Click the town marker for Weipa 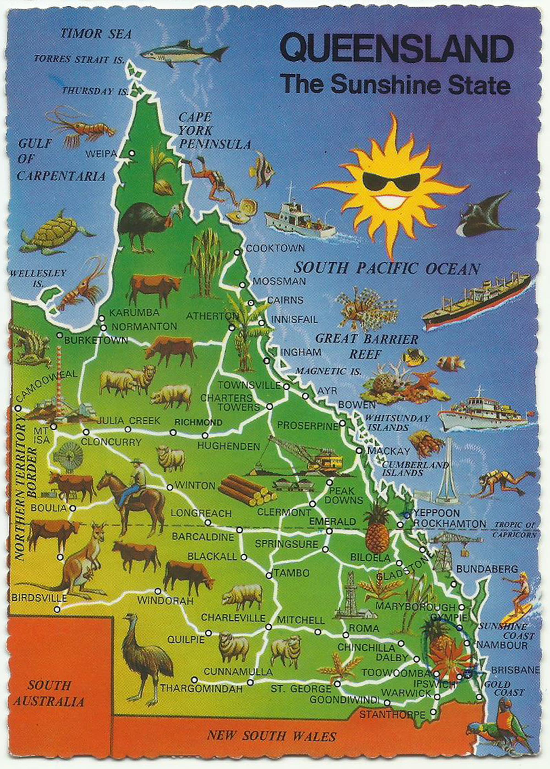click(132, 154)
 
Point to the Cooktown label click(275, 248)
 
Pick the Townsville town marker click(286, 386)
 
